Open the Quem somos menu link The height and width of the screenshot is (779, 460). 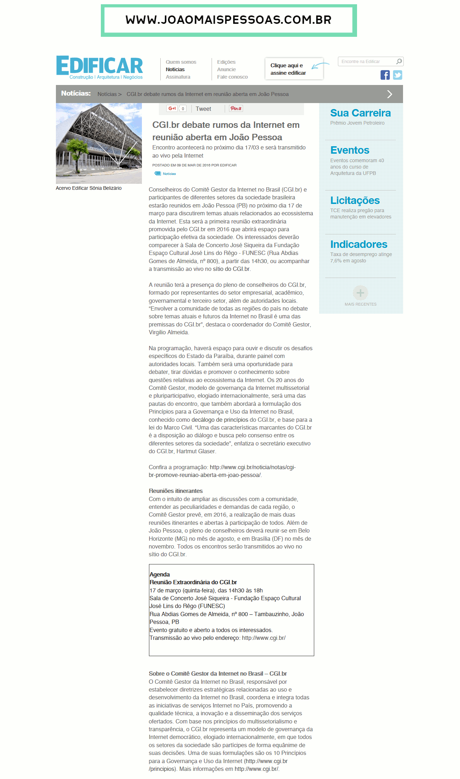181,62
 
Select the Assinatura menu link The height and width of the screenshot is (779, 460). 178,77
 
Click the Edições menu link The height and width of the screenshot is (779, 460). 226,62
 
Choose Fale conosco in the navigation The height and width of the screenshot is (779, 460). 232,77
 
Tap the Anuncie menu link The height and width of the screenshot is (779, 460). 226,69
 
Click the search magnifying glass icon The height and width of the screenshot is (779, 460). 399,62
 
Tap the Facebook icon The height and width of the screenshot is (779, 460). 385,75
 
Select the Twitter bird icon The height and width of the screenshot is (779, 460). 398,75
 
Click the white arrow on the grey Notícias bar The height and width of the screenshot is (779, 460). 390,94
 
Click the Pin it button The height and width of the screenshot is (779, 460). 236,109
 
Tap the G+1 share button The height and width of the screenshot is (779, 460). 172,109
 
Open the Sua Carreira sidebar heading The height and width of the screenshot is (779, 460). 360,113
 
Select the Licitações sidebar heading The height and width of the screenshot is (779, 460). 355,200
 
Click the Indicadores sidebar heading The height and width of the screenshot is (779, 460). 359,244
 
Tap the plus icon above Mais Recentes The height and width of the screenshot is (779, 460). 360,293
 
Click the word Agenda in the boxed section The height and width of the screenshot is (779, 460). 160,574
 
